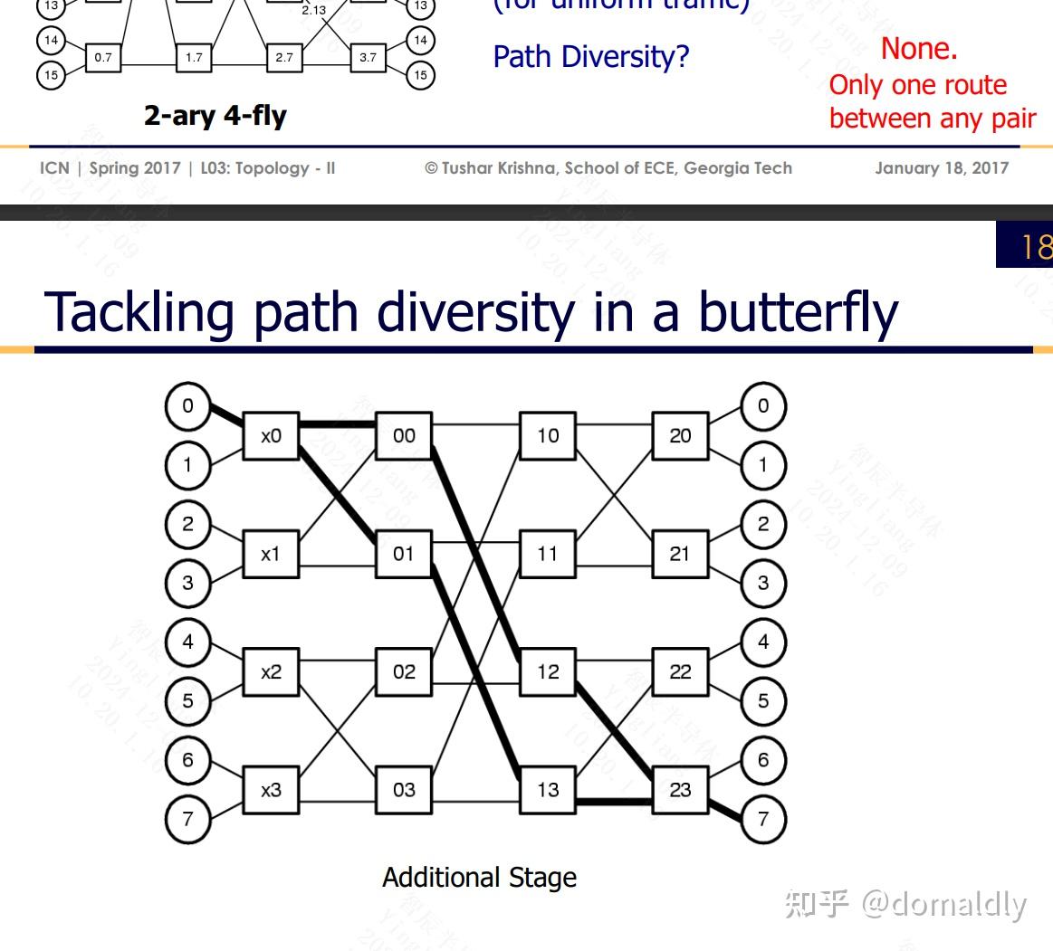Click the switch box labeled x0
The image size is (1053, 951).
click(271, 436)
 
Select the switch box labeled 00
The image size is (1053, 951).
click(404, 436)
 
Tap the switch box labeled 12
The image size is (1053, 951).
click(548, 671)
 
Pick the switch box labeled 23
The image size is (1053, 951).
click(680, 790)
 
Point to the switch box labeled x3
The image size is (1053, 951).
click(271, 790)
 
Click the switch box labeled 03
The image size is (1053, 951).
click(404, 790)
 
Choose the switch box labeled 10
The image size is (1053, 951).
click(548, 436)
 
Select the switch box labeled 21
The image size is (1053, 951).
click(680, 554)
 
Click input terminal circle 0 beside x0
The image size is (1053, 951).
click(187, 406)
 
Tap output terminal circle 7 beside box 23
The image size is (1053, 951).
click(763, 820)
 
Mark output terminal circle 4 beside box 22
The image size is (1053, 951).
click(763, 642)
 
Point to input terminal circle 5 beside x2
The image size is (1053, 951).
click(187, 701)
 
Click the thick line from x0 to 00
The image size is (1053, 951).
click(337, 423)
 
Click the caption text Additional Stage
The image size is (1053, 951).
click(479, 878)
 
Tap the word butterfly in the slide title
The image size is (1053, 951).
click(797, 312)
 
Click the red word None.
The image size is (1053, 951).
click(918, 49)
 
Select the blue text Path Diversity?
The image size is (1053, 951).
click(590, 57)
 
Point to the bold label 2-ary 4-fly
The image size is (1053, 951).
click(215, 116)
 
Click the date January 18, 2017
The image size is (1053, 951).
click(941, 168)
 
